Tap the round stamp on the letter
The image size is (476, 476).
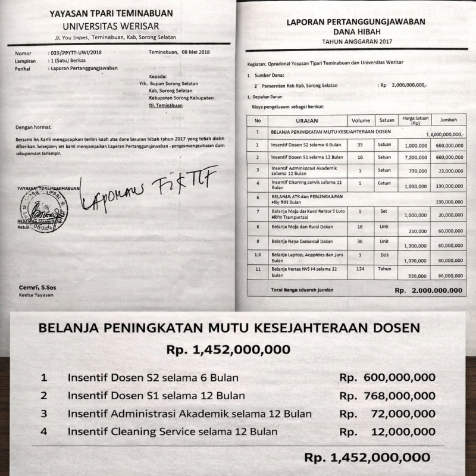pos(43,210)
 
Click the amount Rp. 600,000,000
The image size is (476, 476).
pos(387,378)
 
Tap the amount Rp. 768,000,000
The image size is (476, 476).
pos(387,396)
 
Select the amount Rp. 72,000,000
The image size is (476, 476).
pos(387,414)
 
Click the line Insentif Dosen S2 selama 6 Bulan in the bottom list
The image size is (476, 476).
pos(153,378)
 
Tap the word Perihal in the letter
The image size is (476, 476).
pos(23,68)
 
